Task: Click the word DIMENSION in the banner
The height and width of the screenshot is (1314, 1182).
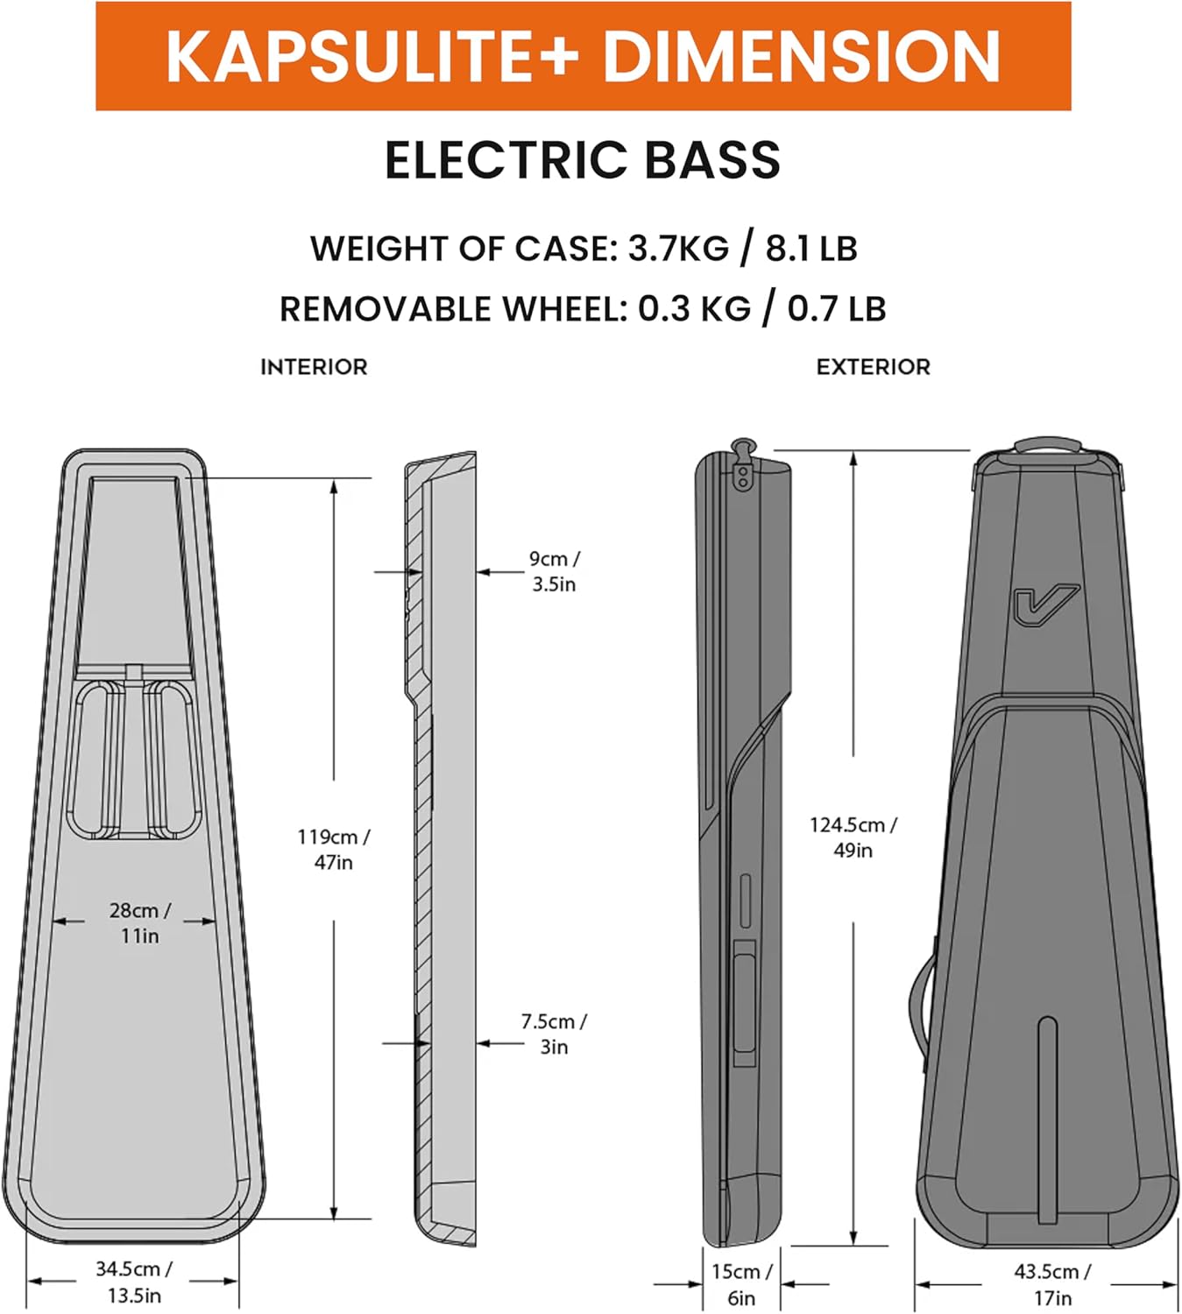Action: click(x=802, y=57)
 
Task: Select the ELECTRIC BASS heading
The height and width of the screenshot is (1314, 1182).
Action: click(x=583, y=160)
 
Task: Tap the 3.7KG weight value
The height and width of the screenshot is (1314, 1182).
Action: click(x=678, y=249)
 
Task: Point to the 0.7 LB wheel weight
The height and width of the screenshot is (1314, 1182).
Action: click(x=836, y=309)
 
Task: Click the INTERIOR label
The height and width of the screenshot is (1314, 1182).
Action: click(x=314, y=367)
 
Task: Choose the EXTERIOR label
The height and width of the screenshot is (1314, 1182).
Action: click(x=873, y=367)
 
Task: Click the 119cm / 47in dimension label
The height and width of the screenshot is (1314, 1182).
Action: click(x=334, y=849)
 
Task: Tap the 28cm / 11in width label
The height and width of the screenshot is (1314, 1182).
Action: click(x=140, y=922)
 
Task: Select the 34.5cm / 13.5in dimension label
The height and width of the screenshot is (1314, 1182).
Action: click(x=134, y=1281)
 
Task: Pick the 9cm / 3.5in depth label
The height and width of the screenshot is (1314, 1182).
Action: click(x=554, y=571)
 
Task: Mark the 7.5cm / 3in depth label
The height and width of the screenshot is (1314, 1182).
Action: click(x=554, y=1034)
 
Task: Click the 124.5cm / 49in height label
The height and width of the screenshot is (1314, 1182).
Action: click(x=853, y=837)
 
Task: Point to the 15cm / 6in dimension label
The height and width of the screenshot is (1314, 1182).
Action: click(x=741, y=1283)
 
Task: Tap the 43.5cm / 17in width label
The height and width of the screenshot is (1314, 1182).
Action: click(x=1052, y=1283)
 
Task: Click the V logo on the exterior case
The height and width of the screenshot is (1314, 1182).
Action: click(x=1045, y=605)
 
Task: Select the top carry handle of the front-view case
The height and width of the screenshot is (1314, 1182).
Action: click(x=1048, y=447)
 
